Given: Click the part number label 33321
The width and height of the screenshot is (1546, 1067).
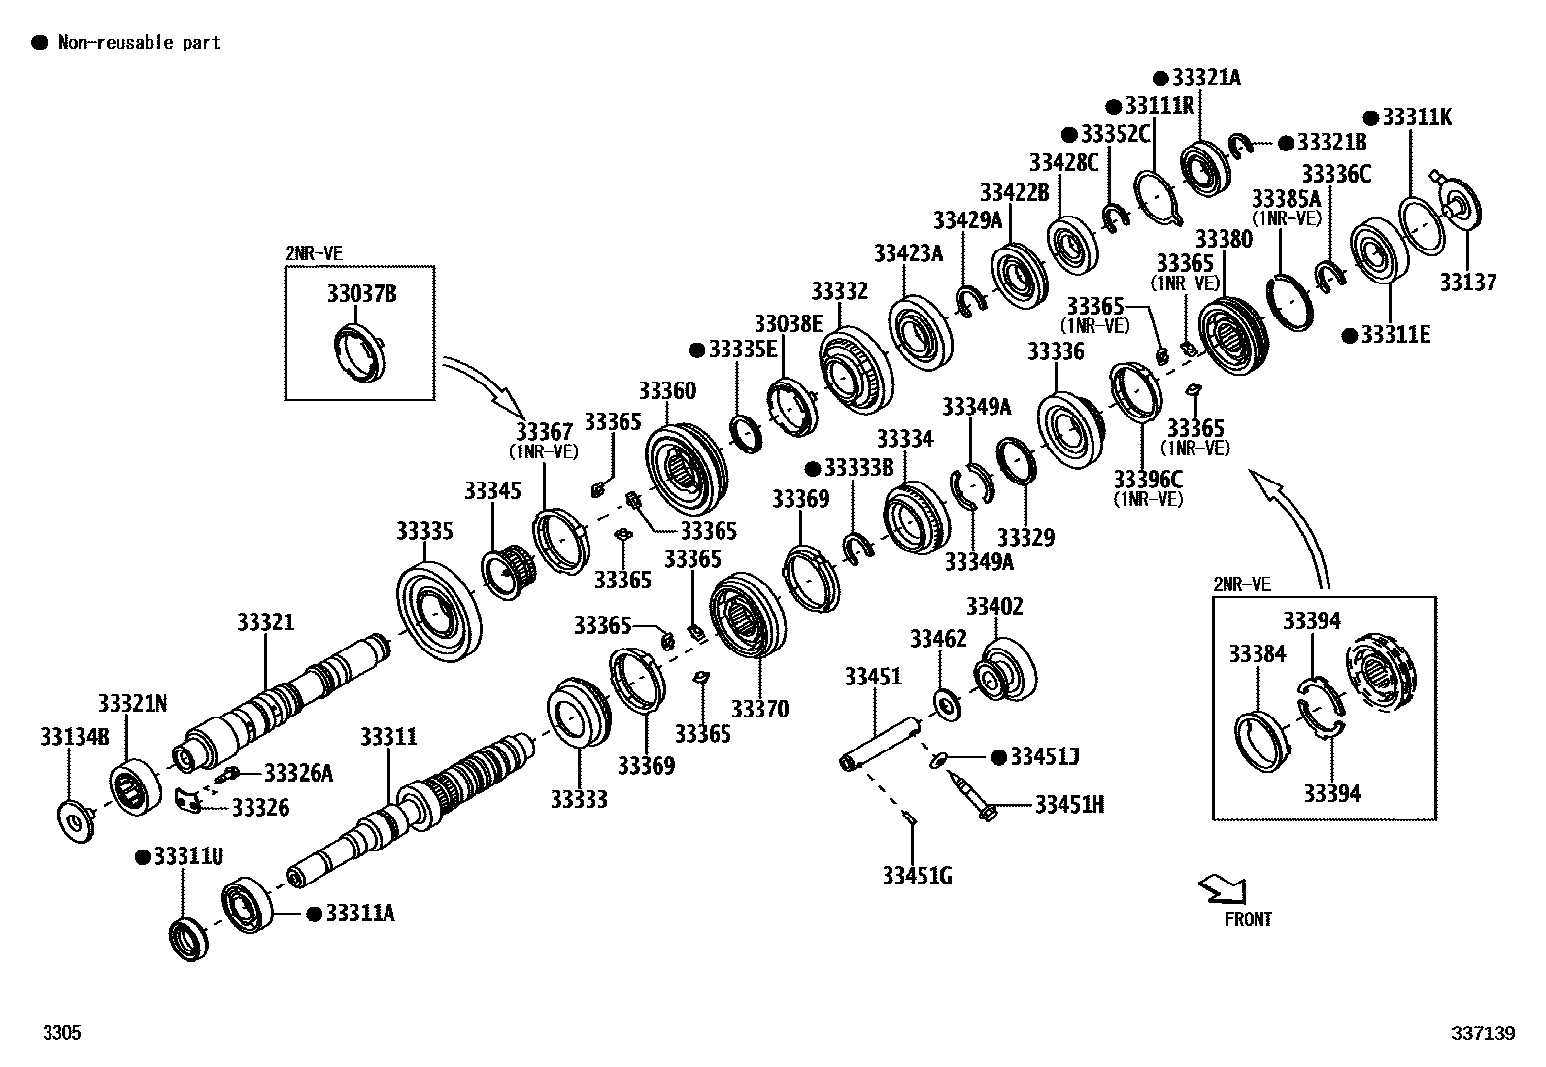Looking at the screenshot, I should (265, 622).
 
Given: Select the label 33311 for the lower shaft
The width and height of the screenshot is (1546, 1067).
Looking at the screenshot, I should (388, 737).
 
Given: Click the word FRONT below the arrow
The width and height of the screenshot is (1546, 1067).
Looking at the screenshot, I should (1248, 918).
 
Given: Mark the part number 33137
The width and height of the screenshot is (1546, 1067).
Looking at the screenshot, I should (1467, 283).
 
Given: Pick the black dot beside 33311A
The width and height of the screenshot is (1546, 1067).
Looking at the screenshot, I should (314, 914).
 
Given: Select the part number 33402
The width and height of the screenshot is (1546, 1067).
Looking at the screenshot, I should (993, 607).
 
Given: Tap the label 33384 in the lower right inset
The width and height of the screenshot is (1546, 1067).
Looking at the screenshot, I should (1257, 654).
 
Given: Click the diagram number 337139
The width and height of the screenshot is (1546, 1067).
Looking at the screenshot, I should (1483, 1034).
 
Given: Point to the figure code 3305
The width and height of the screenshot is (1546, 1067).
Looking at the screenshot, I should (61, 1033).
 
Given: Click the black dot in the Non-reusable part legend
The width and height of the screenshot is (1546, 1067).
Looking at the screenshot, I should (40, 42).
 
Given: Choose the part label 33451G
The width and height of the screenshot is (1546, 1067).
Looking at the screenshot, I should (917, 876).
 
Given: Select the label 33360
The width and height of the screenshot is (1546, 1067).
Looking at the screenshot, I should (666, 391).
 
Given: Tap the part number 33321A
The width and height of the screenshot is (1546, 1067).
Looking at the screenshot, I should (1206, 79).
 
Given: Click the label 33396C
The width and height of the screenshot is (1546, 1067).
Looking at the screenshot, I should (1148, 479).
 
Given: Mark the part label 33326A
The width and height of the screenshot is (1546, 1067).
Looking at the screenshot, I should (298, 773).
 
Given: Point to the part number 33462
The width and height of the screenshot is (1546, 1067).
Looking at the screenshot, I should (938, 638).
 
